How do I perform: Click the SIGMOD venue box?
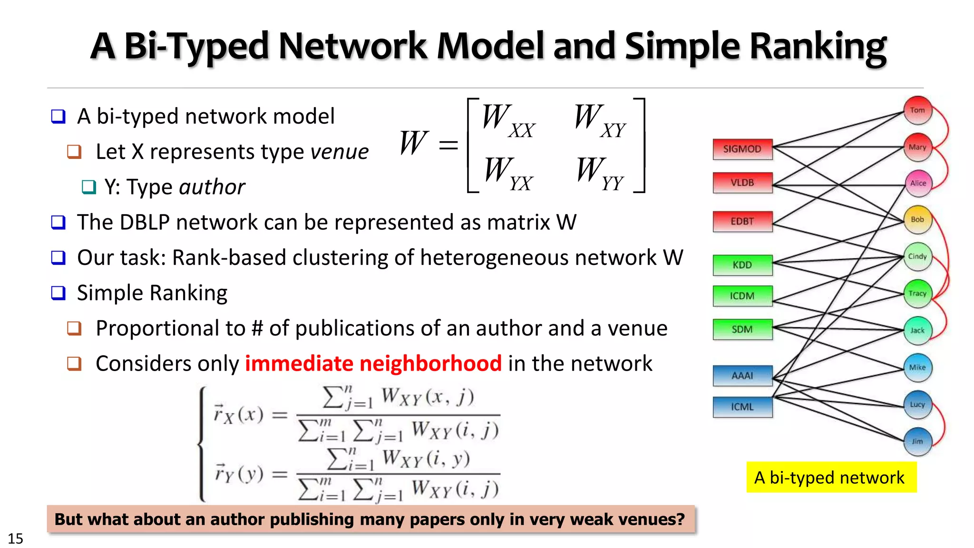coord(742,149)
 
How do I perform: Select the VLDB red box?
coord(742,183)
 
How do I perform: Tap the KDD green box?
coord(742,265)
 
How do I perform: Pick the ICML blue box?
coord(742,407)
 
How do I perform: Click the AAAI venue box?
coord(742,376)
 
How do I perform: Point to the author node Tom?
coord(917,110)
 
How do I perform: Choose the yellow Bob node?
coord(917,220)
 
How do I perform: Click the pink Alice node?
coord(918,184)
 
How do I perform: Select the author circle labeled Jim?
coord(917,441)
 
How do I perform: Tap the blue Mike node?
coord(917,367)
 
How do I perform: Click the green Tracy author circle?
coord(917,294)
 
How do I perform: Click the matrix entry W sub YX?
coord(508,173)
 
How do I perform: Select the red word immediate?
coord(299,363)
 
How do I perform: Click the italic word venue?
coord(339,152)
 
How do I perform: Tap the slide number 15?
coord(15,538)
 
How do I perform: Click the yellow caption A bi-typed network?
coord(830,477)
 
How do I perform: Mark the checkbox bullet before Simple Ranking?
coord(58,293)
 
